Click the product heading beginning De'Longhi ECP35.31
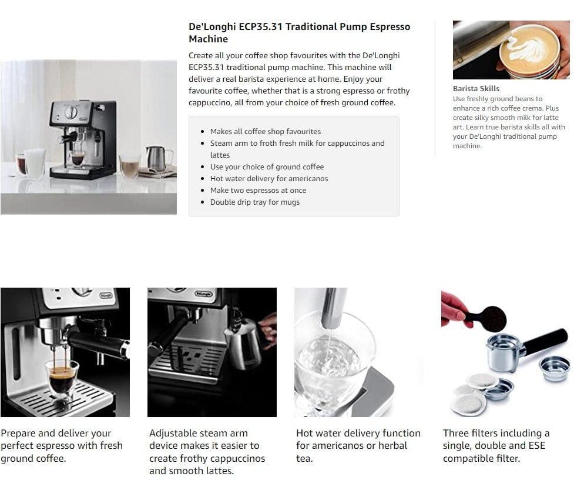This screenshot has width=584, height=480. point(300,33)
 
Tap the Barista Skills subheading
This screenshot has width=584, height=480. point(476,89)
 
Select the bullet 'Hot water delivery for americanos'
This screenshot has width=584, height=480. point(269,179)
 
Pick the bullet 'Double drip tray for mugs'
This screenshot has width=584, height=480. point(255,202)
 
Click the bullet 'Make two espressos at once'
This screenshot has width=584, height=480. point(258,190)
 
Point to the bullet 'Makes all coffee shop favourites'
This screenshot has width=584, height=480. point(265,132)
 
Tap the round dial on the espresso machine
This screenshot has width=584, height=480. point(71,112)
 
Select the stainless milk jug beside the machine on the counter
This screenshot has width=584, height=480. point(158,158)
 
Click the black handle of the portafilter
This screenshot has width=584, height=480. point(546,342)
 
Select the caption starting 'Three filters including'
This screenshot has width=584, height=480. point(496,446)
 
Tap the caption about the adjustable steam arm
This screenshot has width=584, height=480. point(207,452)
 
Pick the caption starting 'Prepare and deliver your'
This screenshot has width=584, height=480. point(62,446)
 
